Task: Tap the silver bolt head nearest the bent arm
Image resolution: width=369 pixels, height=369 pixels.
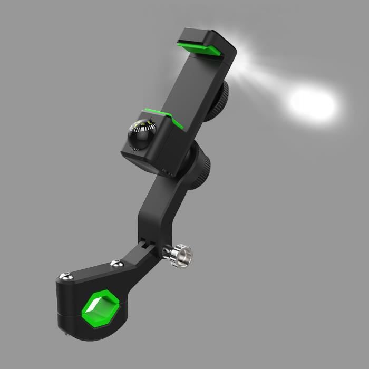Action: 114,262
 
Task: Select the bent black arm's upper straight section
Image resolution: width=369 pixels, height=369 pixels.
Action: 158,206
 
